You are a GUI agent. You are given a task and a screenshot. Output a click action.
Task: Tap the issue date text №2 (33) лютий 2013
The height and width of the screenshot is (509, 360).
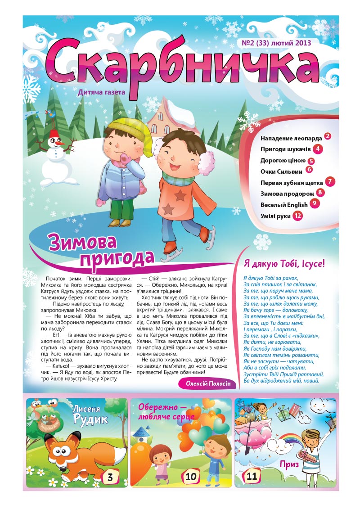coord(276,43)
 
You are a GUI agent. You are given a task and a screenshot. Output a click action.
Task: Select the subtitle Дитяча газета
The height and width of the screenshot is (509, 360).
coord(101,92)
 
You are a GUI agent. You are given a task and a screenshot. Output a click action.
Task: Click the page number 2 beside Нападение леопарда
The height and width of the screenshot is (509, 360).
coord(328,136)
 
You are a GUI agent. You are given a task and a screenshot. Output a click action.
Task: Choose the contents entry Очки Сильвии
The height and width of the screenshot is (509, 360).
coord(281,171)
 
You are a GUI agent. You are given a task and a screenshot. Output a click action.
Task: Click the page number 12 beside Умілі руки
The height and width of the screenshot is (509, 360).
coord(297,216)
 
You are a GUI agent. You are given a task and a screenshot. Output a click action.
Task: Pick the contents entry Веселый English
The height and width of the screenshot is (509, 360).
coord(284,205)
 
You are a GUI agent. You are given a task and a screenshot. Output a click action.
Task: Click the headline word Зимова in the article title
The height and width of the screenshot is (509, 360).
coord(83,243)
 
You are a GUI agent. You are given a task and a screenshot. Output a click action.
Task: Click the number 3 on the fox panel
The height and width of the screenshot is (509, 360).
coord(110,477)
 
